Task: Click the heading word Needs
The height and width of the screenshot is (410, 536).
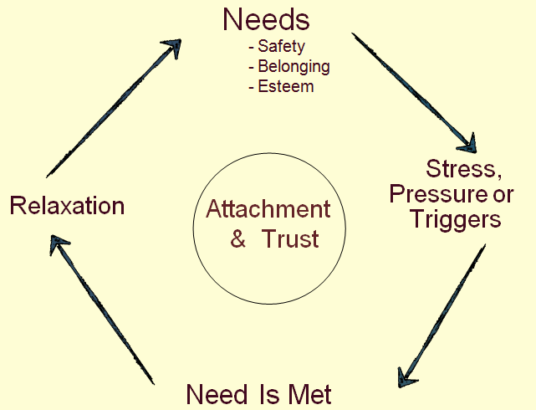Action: click(x=266, y=19)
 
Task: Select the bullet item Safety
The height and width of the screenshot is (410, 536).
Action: click(x=281, y=46)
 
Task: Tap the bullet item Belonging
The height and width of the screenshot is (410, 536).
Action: click(x=294, y=66)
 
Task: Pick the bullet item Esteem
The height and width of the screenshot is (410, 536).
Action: click(x=286, y=86)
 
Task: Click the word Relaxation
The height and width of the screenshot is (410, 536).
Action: click(x=67, y=206)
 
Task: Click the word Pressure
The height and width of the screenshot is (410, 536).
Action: click(x=437, y=193)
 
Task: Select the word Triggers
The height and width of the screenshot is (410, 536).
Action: click(x=456, y=219)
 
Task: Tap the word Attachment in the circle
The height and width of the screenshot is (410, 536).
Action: click(x=268, y=208)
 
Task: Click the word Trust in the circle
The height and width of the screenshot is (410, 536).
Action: click(x=290, y=238)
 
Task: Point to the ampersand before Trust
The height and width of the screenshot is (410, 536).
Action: click(x=238, y=238)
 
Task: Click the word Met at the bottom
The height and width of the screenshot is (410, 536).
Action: click(x=309, y=394)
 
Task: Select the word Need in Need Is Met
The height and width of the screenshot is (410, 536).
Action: click(x=217, y=394)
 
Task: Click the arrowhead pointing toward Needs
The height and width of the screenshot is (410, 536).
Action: click(x=172, y=47)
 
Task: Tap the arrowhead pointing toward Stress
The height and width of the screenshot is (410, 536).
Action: click(x=468, y=144)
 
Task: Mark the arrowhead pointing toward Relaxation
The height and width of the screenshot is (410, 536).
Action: click(x=58, y=243)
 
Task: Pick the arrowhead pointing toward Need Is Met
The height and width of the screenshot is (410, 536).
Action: click(x=406, y=377)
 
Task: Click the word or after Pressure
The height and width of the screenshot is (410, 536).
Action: click(x=503, y=194)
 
